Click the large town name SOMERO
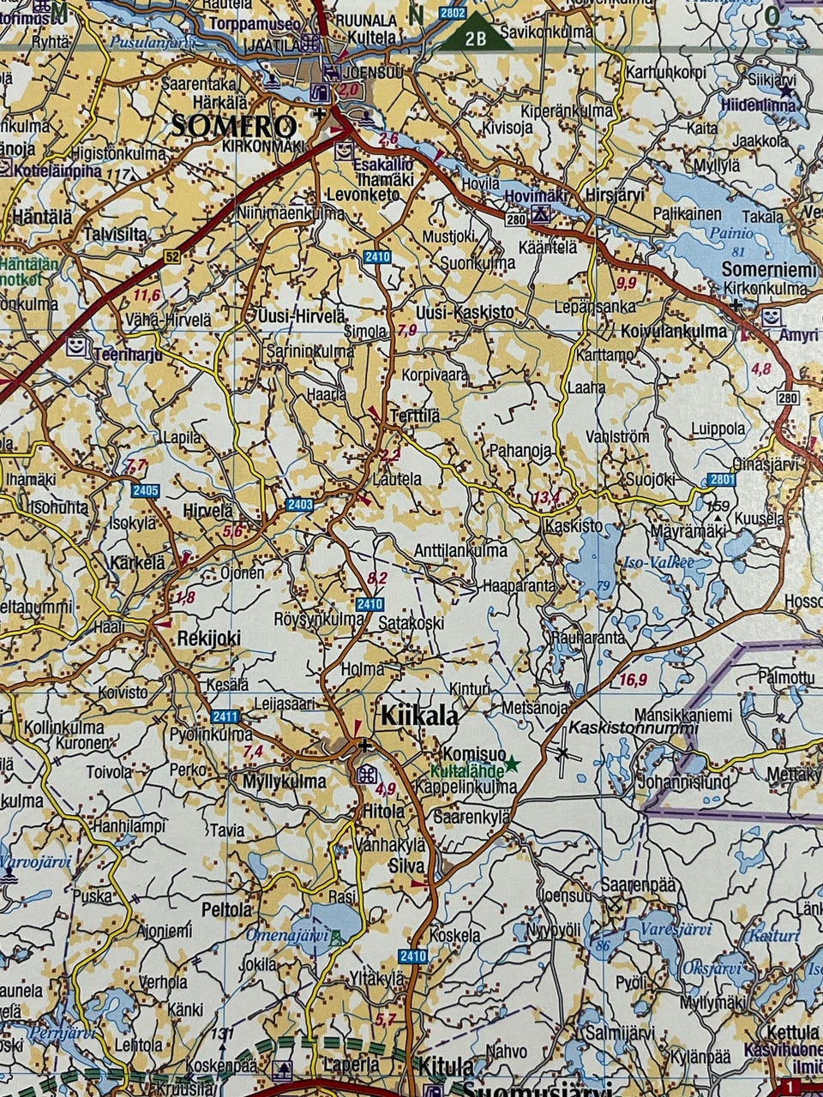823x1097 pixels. click(233, 127)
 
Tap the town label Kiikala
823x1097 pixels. click(418, 716)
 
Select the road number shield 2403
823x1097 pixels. click(300, 505)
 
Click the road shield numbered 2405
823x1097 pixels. click(146, 490)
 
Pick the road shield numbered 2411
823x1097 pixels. click(224, 716)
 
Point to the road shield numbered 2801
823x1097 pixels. click(722, 481)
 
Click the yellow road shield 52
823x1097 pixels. click(174, 256)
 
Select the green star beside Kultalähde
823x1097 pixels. click(512, 763)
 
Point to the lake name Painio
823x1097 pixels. click(731, 233)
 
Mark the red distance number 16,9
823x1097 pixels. click(632, 680)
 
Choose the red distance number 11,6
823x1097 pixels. click(147, 295)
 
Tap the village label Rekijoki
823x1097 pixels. click(208, 638)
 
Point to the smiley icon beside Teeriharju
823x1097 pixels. click(77, 345)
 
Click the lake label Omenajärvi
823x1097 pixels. click(288, 935)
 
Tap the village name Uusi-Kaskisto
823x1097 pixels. click(465, 313)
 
